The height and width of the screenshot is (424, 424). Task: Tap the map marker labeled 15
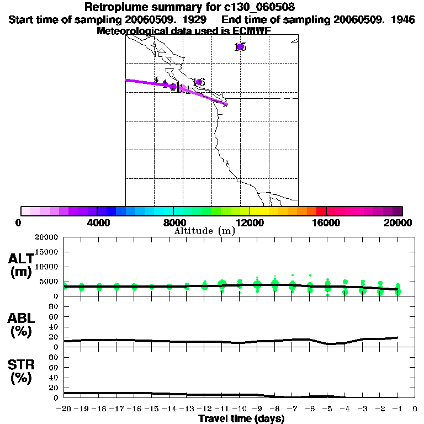pyautogui.click(x=240, y=47)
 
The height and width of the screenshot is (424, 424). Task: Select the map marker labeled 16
pyautogui.click(x=199, y=82)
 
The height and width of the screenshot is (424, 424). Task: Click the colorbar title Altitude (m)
pyautogui.click(x=204, y=231)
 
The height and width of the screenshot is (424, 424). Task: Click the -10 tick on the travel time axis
pyautogui.click(x=239, y=409)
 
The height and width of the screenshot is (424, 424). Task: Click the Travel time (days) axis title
pyautogui.click(x=241, y=418)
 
